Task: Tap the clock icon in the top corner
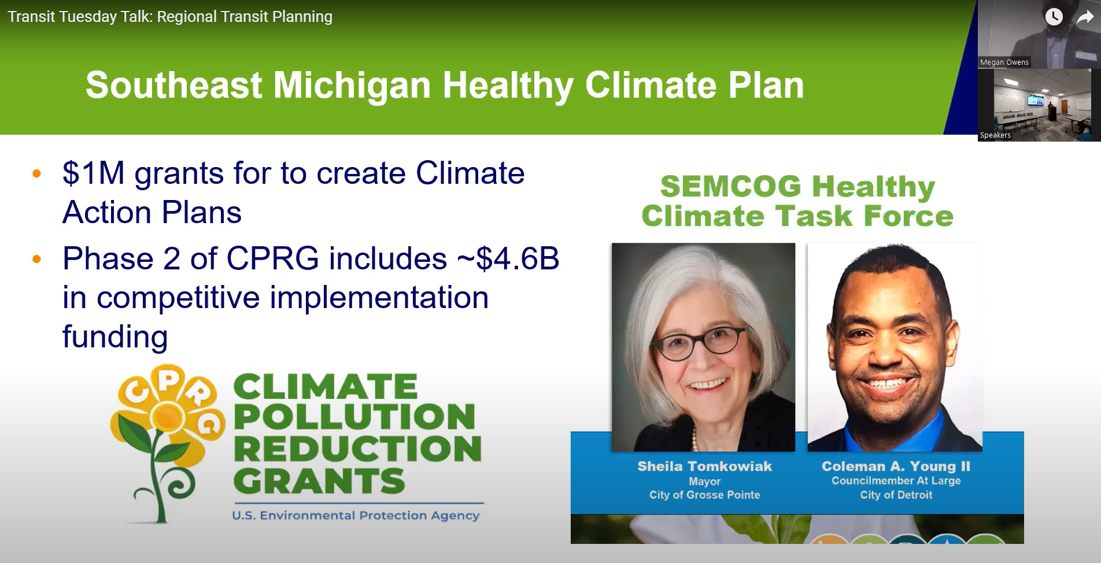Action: tap(1054, 17)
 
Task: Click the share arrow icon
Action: tap(1085, 17)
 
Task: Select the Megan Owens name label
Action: tap(1004, 62)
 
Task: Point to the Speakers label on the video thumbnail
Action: tap(995, 135)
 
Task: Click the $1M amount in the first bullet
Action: tap(94, 173)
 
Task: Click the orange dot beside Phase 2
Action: tap(37, 259)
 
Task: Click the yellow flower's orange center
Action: tap(168, 415)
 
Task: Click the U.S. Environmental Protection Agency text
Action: tap(356, 515)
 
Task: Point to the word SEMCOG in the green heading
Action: tap(730, 186)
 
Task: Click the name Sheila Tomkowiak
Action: tap(704, 466)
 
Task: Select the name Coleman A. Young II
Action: tap(896, 466)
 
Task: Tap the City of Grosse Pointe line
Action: tap(704, 495)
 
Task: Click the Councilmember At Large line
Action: tap(896, 480)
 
